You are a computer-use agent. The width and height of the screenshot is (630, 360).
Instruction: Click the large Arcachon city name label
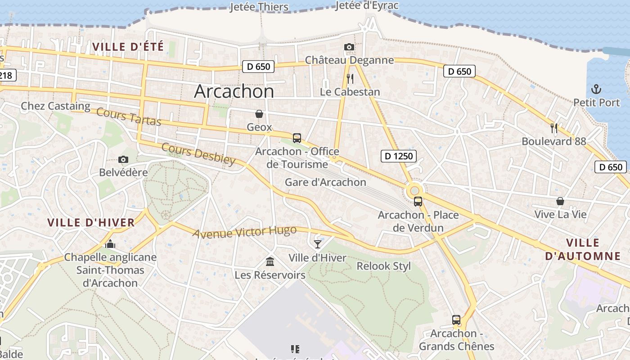234,91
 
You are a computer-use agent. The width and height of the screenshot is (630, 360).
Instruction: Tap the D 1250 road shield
398,156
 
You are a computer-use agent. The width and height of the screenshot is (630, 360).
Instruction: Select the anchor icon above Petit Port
596,89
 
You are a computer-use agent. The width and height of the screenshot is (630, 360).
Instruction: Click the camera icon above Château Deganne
349,47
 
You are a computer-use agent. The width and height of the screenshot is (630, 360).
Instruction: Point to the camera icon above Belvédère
123,159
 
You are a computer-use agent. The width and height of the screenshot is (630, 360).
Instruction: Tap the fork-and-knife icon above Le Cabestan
350,79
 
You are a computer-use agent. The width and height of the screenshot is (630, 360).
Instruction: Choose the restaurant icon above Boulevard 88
554,128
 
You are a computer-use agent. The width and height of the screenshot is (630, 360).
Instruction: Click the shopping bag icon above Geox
259,114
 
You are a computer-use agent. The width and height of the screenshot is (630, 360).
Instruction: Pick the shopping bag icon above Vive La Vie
560,201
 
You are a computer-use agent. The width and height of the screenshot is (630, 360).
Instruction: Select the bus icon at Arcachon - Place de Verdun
418,202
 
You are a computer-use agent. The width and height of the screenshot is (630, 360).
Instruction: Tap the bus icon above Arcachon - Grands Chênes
456,320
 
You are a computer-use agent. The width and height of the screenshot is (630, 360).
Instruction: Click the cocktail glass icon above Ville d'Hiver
318,244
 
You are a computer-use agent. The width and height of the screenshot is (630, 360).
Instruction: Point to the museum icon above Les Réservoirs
270,261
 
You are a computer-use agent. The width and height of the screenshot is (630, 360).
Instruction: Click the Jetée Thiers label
259,7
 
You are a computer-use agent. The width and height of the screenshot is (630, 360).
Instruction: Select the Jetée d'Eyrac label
367,5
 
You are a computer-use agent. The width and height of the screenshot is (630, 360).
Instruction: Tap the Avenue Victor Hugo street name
245,232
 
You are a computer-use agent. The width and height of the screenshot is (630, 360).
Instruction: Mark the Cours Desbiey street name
198,154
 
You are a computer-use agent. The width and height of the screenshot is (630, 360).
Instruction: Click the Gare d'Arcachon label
325,182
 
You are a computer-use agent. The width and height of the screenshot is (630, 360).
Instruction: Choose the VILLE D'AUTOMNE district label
583,249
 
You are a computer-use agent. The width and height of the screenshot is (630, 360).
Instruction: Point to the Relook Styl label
383,266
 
